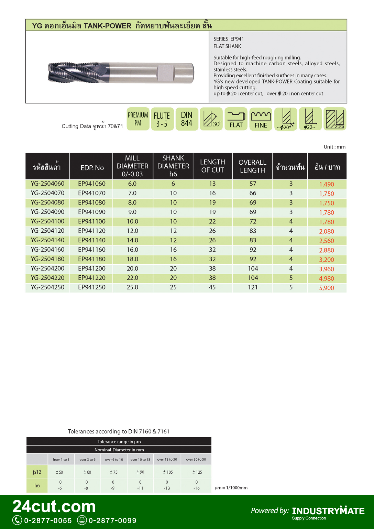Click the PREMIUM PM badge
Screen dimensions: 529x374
[138, 119]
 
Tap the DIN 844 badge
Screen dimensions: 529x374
[187, 119]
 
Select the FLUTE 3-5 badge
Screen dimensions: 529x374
[162, 119]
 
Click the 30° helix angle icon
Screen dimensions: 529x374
[211, 119]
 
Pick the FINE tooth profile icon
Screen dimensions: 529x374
[261, 119]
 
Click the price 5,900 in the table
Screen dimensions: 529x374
[326, 288]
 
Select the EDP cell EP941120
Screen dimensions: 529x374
[92, 231]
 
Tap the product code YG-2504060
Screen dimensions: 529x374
[47, 184]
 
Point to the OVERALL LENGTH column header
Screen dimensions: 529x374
[252, 166]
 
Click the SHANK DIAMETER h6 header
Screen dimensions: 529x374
[173, 166]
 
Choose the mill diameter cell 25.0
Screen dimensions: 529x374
[132, 287]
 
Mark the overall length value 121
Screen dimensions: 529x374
[253, 287]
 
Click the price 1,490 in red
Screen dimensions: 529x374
[326, 184]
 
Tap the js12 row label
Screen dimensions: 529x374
[37, 472]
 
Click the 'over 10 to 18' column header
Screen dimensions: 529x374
[140, 460]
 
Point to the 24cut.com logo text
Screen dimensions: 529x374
[54, 507]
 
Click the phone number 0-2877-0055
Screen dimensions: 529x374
[48, 521]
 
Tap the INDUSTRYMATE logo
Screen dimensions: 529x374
[328, 511]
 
